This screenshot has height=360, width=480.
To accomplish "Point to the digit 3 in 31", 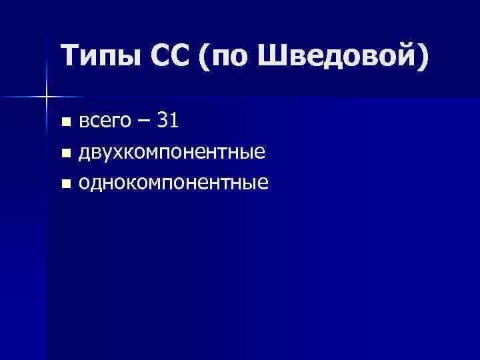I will [162, 121].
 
